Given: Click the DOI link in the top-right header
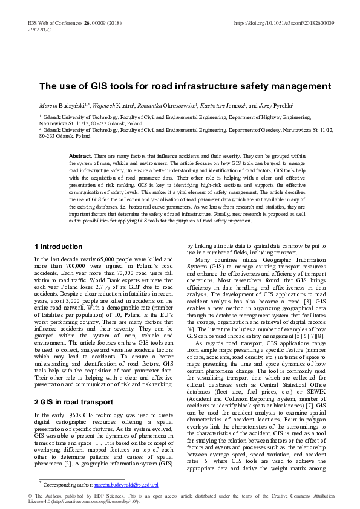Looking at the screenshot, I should click(x=283, y=23).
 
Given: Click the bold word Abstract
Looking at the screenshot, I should click(x=80, y=155).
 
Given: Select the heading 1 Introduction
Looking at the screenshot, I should click(x=59, y=247).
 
